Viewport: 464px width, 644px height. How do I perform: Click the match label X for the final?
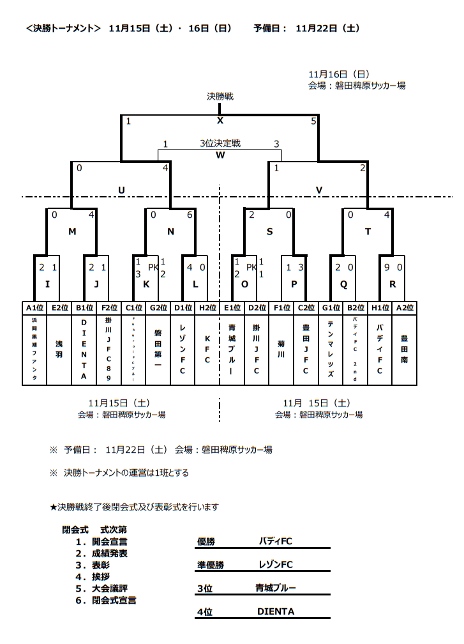click(220, 121)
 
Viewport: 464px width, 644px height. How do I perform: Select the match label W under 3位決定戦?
click(220, 155)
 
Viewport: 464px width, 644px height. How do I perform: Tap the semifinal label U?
click(121, 189)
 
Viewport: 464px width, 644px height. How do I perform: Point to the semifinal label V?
click(319, 189)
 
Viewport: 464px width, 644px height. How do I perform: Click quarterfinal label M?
click(72, 232)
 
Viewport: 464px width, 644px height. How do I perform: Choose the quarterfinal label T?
click(368, 232)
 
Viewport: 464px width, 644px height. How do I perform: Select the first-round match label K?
click(146, 282)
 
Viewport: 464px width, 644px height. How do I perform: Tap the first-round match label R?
click(392, 282)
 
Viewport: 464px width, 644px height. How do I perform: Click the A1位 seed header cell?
click(34, 308)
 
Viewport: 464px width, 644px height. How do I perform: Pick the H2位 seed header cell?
click(207, 308)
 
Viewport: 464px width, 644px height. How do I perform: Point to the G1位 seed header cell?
click(331, 308)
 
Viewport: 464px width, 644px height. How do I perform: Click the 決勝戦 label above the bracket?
click(220, 96)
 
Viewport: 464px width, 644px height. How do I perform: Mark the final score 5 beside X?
click(313, 121)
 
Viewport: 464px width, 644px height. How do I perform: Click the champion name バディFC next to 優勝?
click(275, 541)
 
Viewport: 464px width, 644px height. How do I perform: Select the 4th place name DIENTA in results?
click(276, 611)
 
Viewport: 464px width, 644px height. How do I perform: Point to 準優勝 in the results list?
click(211, 565)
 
